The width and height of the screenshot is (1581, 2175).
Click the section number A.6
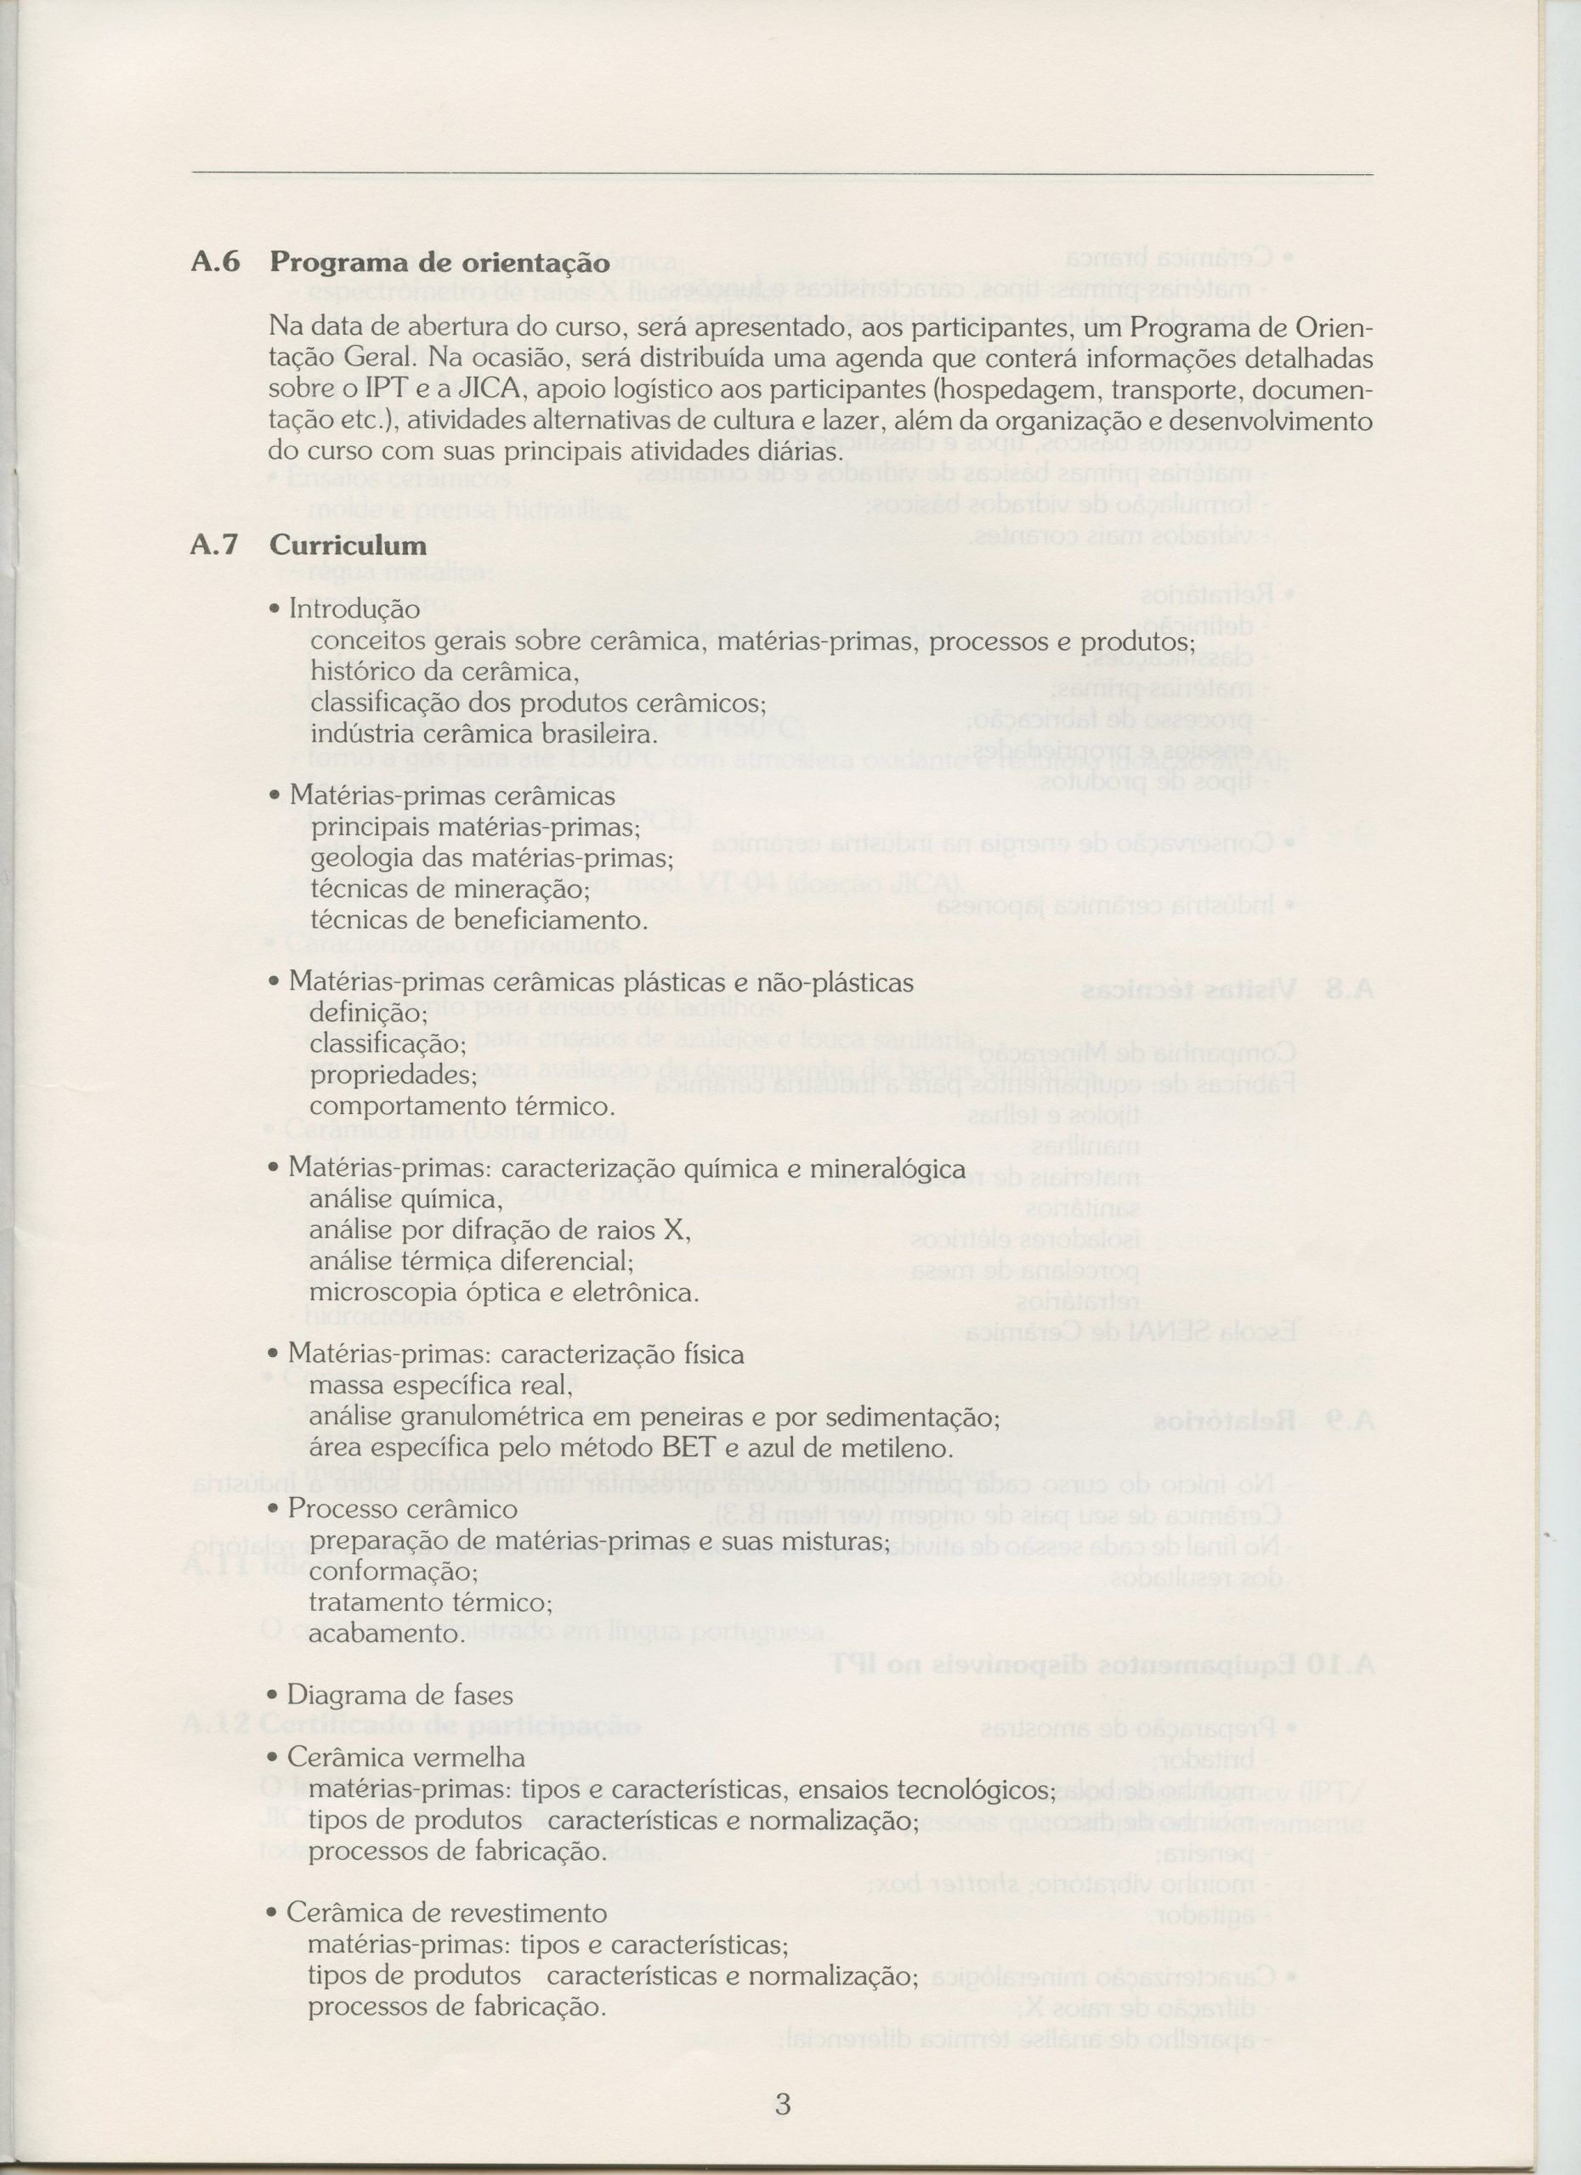[216, 262]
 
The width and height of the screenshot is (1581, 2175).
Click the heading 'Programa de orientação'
[439, 262]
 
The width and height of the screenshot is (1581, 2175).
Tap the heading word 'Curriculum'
[348, 545]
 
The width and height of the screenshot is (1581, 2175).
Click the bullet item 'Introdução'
[354, 609]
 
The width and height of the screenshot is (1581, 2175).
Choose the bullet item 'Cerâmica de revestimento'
[446, 1886]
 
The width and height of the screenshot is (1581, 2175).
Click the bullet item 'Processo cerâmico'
[402, 1509]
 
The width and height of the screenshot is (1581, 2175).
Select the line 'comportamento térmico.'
[462, 1105]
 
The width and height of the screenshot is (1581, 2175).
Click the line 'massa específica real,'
[440, 1386]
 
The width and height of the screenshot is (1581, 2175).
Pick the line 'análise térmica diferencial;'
[471, 1261]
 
